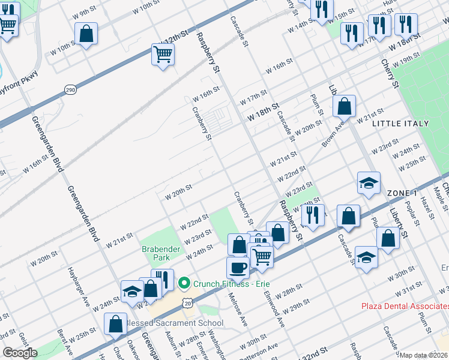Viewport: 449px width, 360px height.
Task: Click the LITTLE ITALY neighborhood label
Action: pos(400,124)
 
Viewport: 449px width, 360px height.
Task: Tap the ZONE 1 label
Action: pos(402,193)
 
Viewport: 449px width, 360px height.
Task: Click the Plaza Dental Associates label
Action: pos(405,306)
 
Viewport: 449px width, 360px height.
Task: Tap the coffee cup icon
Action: pos(238,268)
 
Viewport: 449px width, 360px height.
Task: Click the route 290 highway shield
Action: pos(70,89)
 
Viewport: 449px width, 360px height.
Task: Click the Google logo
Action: pos(20,353)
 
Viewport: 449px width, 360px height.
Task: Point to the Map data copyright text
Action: pos(424,355)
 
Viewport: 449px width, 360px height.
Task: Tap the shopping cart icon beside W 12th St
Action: pos(163,55)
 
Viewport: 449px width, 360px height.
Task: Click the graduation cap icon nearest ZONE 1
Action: pos(369,184)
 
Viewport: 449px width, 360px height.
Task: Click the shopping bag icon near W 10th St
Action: pos(86,34)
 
